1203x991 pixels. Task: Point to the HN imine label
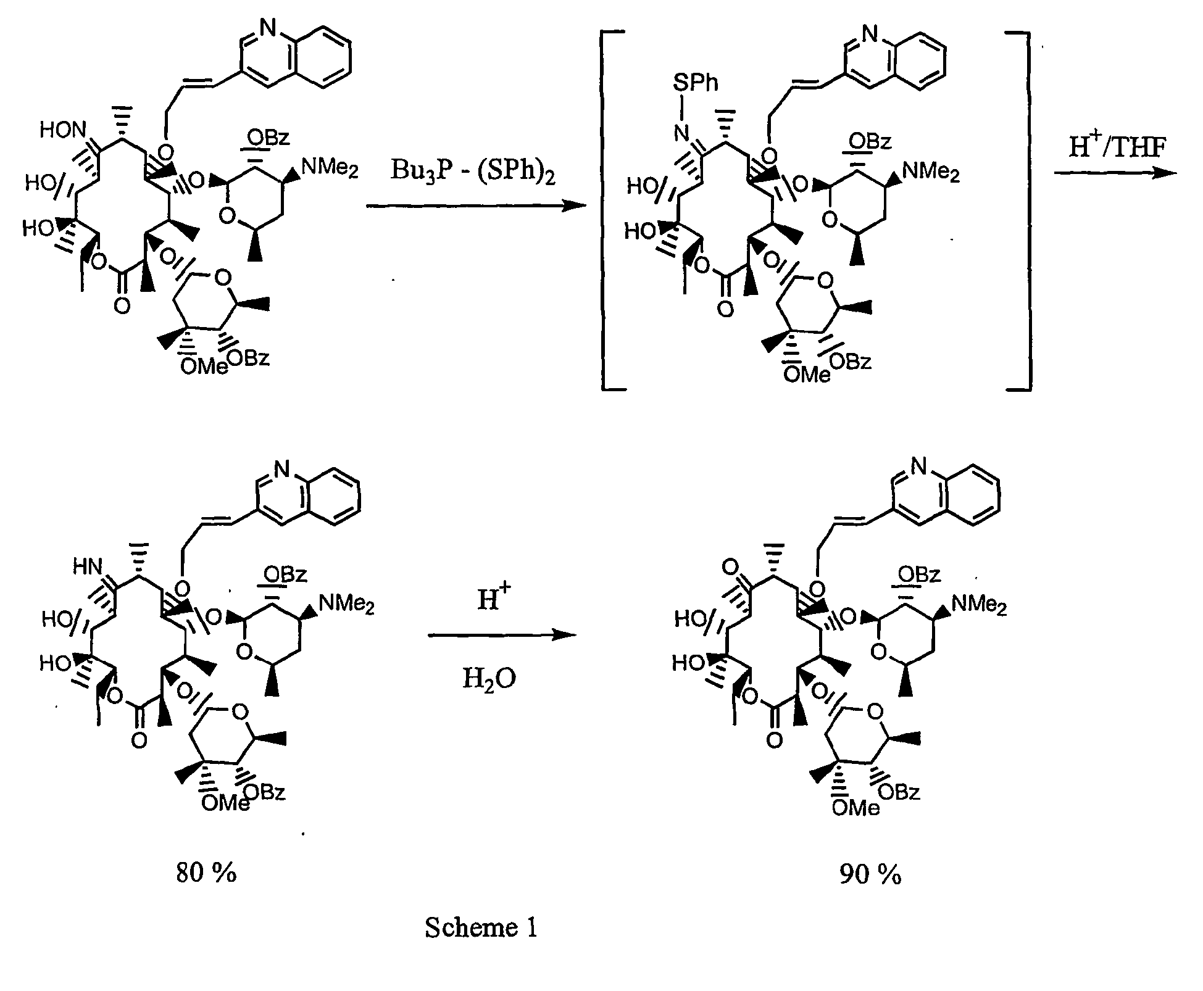click(88, 567)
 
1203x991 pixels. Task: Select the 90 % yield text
click(870, 874)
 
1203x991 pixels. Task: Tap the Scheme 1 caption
click(481, 927)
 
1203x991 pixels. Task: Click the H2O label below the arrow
click(489, 679)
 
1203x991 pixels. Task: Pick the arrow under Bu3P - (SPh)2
click(476, 206)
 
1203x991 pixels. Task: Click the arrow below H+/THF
click(1115, 173)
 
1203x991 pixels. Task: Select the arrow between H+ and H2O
click(502, 635)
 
